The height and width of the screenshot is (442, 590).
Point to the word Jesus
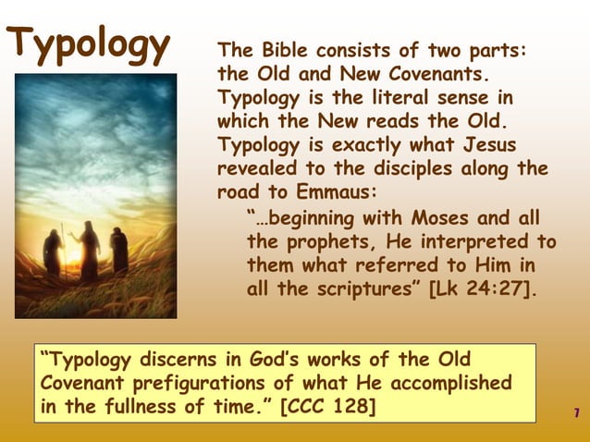coord(486,145)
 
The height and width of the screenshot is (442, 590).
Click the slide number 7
coord(576,411)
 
